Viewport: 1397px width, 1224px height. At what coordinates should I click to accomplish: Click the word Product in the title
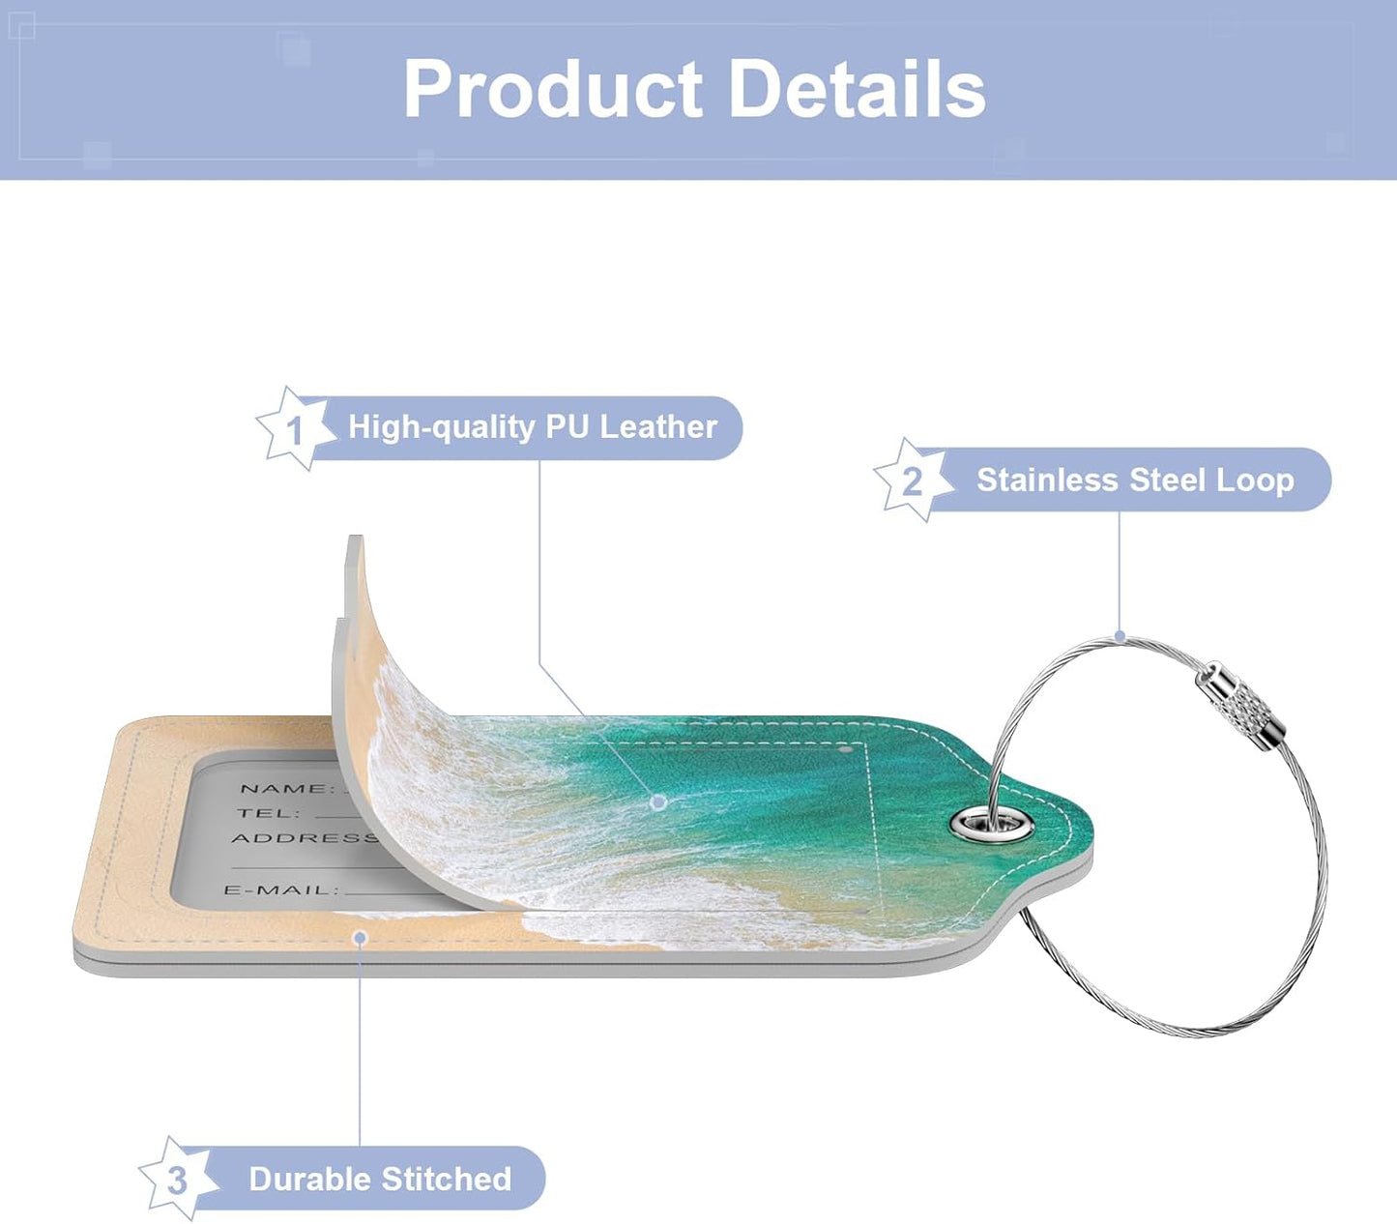553,90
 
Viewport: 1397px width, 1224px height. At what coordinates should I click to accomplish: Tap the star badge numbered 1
295,428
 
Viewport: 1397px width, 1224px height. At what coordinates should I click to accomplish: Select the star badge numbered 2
913,480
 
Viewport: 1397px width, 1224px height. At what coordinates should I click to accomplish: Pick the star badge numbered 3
178,1179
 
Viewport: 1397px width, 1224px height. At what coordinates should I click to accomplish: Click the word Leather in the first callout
658,426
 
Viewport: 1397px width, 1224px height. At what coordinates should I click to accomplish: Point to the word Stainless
1047,480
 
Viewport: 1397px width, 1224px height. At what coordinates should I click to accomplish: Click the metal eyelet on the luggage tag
991,824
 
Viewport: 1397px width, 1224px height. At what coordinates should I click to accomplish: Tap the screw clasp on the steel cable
1239,707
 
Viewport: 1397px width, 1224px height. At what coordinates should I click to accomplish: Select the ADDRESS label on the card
305,838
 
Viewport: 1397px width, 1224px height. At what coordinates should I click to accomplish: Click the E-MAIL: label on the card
282,890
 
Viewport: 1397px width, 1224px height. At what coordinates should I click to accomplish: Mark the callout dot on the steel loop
1120,636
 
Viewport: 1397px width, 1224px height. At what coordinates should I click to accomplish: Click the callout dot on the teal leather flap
658,801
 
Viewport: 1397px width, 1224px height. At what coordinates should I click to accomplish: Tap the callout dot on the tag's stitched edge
360,938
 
